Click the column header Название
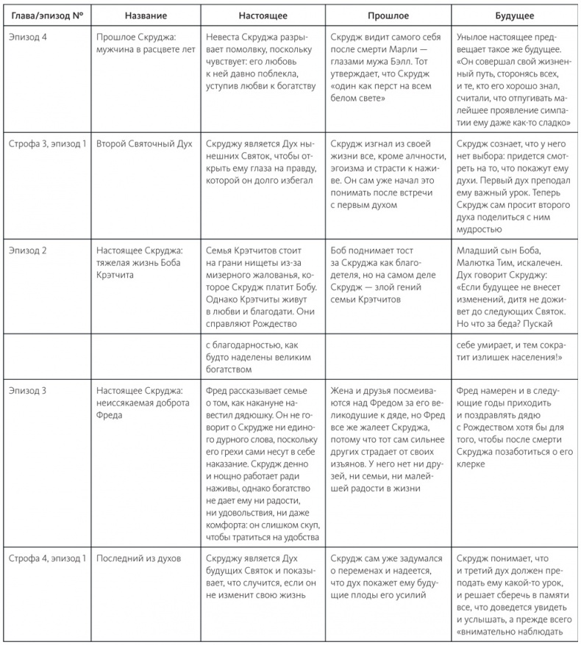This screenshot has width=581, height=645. click(x=145, y=15)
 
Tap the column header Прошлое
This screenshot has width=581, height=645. click(x=387, y=15)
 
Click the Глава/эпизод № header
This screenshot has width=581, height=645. click(x=46, y=15)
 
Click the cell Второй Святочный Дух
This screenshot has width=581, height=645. click(x=144, y=143)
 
